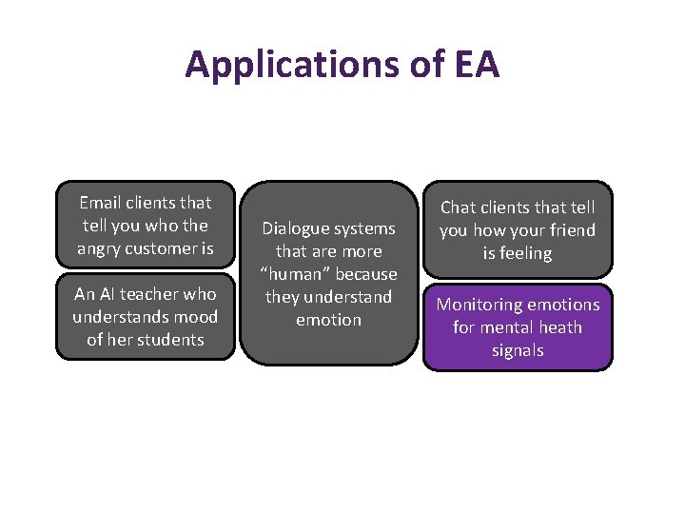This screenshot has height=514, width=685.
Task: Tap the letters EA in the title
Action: point(473,65)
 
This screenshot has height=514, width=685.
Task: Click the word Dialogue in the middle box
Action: point(294,228)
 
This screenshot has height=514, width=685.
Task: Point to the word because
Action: point(365,274)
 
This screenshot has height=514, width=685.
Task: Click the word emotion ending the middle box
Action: point(328,320)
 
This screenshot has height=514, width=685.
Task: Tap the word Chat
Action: point(459,208)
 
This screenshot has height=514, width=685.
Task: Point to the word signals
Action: point(518,350)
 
